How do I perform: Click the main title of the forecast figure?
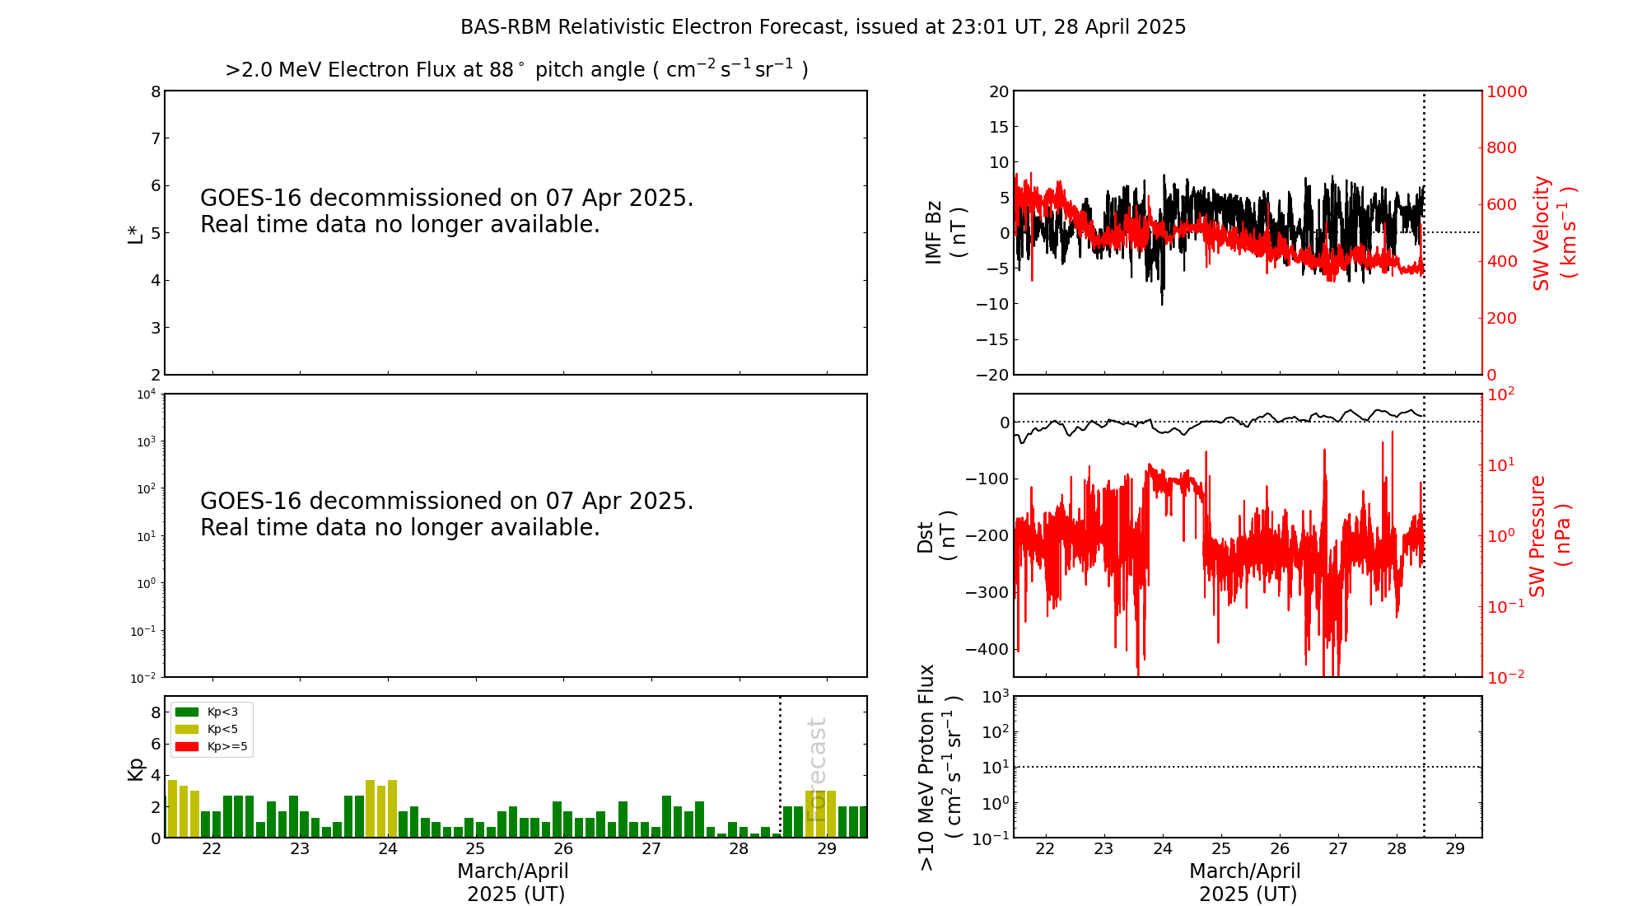pos(823,27)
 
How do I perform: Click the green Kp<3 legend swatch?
pos(187,712)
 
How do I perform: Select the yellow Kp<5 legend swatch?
pos(187,729)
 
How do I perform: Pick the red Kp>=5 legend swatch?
pos(187,747)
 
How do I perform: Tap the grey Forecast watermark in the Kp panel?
pos(816,769)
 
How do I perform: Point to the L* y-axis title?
pos(135,233)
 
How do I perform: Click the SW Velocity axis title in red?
pos(1553,233)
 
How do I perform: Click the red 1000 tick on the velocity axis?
pos(1506,91)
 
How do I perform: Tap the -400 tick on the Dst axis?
pos(987,649)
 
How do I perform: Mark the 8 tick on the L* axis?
pos(156,91)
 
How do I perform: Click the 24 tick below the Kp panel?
pos(388,849)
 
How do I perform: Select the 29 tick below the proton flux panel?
pos(1455,849)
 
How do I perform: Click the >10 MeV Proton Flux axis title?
pos(940,768)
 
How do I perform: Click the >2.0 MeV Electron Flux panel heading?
pos(516,70)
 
